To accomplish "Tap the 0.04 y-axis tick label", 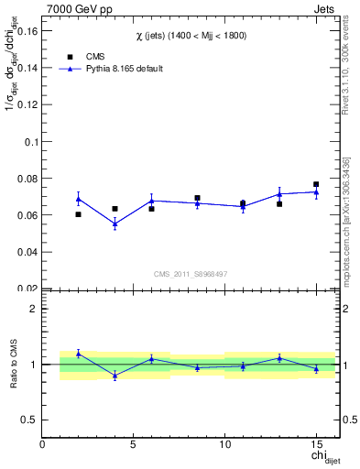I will tap(27, 252).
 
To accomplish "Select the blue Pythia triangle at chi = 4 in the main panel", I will tap(115, 224).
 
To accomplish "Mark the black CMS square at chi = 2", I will tap(78, 214).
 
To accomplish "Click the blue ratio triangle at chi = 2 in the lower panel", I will tap(78, 354).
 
